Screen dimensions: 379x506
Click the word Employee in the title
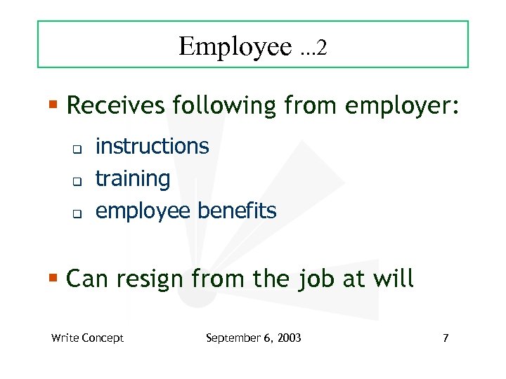(235, 47)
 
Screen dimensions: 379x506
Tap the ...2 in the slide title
(312, 48)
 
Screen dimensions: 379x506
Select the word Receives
(113, 106)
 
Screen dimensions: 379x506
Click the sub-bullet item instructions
(152, 146)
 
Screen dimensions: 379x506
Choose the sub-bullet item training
(133, 179)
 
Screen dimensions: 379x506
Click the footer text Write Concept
(87, 338)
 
